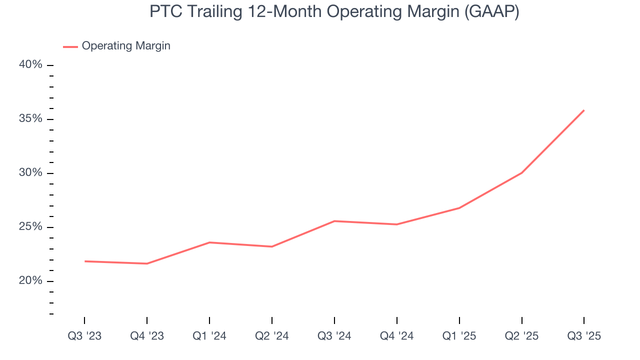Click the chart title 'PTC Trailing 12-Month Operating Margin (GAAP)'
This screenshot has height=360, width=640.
coord(334,12)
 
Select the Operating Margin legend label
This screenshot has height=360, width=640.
coord(126,46)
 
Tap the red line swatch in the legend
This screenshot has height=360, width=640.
coord(70,46)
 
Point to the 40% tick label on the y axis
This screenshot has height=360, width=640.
coord(30,65)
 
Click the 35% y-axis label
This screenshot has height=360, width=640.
coord(30,119)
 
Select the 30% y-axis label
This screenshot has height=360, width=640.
coord(30,173)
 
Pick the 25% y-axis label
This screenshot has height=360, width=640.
coord(30,227)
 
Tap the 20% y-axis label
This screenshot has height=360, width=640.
coord(30,281)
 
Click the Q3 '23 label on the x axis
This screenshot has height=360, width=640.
coord(84,336)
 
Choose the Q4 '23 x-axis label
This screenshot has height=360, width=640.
coord(147,336)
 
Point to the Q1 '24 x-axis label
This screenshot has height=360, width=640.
coord(209,336)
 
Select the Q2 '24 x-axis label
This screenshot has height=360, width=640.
coord(272,336)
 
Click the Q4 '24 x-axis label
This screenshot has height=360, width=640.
coord(397,336)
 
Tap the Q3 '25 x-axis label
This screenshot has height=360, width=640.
coord(584,336)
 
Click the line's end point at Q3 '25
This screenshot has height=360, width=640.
coord(584,110)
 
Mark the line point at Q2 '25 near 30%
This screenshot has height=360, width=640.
coord(522,172)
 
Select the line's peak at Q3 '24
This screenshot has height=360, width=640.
coord(334,221)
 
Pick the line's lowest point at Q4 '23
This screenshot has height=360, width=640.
coord(147,263)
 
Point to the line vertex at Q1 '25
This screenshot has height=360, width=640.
coord(459,208)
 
